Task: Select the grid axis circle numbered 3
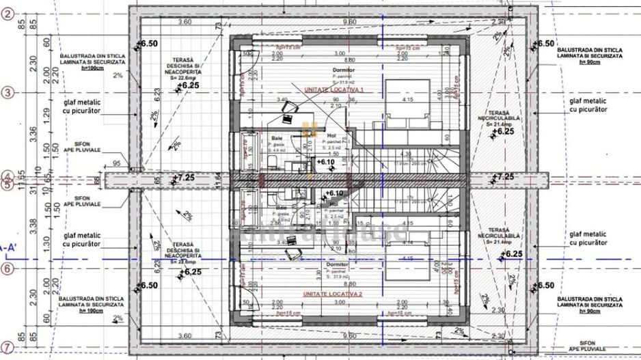coord(8,92)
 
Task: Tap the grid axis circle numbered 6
coord(8,268)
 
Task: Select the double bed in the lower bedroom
coord(409,260)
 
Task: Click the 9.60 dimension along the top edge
coord(349,21)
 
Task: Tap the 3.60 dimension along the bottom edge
coord(185,335)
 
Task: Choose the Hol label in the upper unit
coord(331,135)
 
